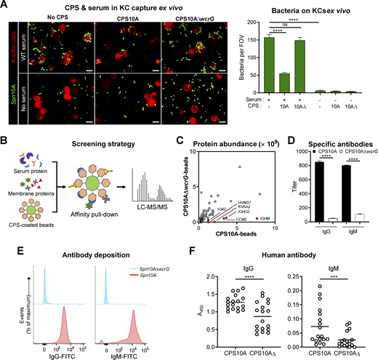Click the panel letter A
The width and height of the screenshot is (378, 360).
(5, 6)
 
